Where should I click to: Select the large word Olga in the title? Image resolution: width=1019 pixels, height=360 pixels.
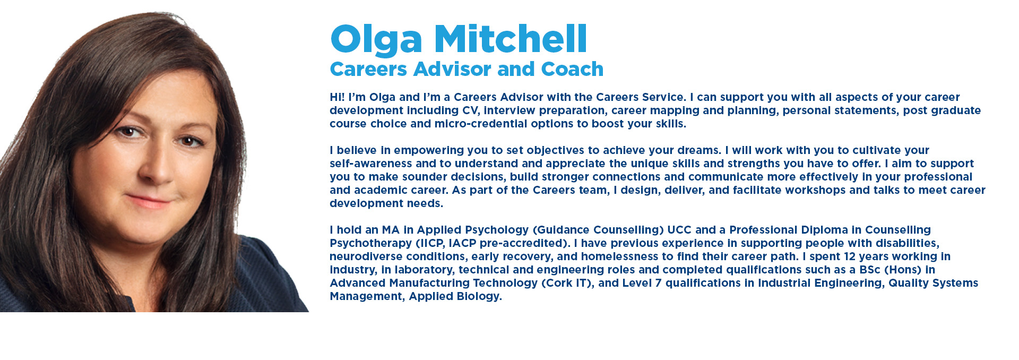(376, 40)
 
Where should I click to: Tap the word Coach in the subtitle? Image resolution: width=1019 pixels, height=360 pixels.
(572, 69)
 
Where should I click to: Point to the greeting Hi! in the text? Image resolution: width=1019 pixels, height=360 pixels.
(337, 97)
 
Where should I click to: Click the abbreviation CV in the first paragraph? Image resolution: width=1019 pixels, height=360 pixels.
(471, 110)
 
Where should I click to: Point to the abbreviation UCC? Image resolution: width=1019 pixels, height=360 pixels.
(679, 230)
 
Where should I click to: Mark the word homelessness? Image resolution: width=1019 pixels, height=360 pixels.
(619, 256)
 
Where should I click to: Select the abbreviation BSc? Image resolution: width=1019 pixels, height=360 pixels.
(870, 270)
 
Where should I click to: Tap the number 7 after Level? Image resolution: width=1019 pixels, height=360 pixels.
(658, 283)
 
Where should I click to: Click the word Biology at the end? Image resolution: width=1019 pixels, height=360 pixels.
(478, 296)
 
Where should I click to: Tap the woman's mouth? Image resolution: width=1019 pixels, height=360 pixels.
(149, 201)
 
